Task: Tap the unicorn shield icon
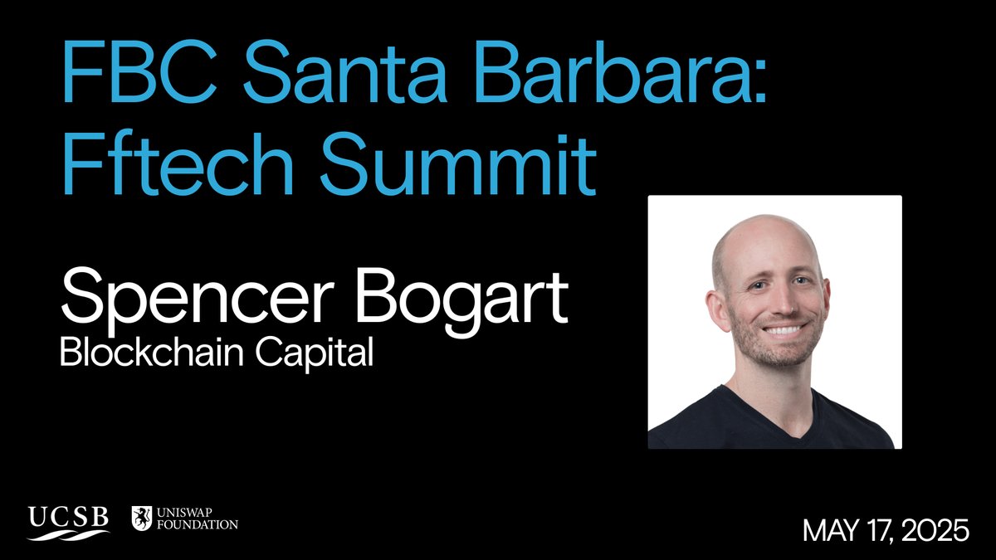tap(142, 519)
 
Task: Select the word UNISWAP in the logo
tap(191, 513)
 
